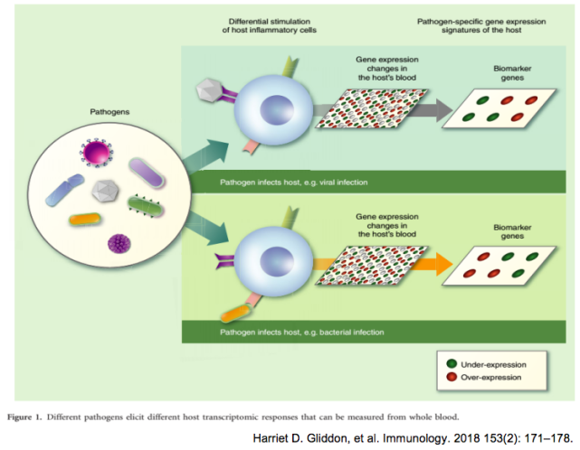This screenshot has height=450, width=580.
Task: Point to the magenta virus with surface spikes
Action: pos(96,151)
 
